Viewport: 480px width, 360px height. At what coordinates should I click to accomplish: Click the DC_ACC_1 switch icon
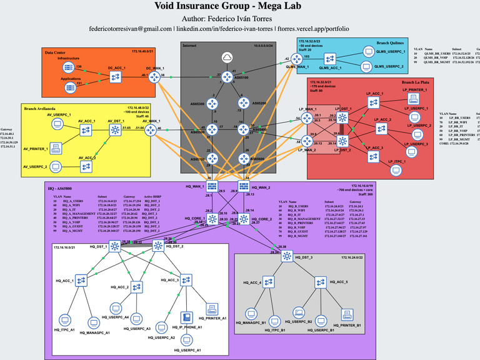116,76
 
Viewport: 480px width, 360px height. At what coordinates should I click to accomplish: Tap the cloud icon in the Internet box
226,57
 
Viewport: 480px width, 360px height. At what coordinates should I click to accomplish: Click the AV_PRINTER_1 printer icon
56,149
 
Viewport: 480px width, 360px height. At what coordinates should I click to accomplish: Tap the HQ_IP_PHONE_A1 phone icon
186,317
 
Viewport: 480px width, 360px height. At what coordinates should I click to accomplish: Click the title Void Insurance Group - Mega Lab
240,7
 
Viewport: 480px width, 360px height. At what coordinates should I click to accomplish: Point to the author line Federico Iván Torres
240,18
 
